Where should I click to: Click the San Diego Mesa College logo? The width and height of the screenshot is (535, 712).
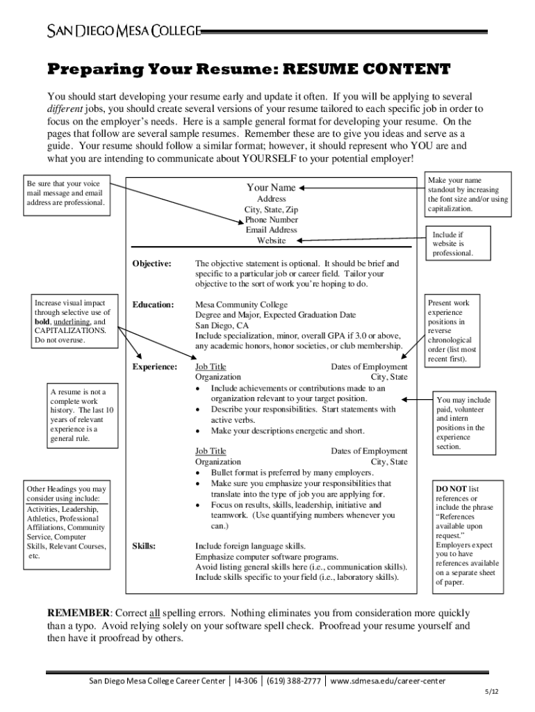pos(124,31)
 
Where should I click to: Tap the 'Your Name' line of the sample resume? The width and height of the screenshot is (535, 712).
pos(271,188)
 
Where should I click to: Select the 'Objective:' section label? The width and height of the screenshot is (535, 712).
pos(152,264)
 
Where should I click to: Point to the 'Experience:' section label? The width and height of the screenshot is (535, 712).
pos(154,366)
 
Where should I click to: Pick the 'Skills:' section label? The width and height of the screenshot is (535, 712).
pos(144,546)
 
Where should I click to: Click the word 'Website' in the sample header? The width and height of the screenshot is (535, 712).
pos(271,241)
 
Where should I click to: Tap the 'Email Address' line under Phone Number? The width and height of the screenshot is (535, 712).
pos(271,230)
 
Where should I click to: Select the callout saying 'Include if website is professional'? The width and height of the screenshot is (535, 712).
pos(452,244)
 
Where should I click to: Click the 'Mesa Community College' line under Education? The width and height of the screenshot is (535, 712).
pos(241,305)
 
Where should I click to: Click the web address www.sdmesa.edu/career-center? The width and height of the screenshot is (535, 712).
pos(388,681)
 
